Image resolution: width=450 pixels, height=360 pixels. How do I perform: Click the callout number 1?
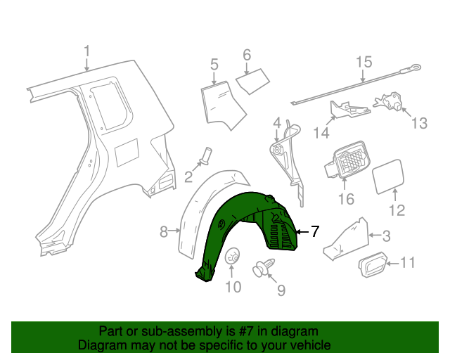tap(86, 52)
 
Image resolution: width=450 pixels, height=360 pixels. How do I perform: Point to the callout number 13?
tap(418, 124)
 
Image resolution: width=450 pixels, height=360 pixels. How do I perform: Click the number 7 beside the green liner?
tap(314, 231)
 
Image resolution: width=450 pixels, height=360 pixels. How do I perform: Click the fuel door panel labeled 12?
tap(386, 176)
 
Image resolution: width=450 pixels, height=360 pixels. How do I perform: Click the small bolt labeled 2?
tap(207, 154)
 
